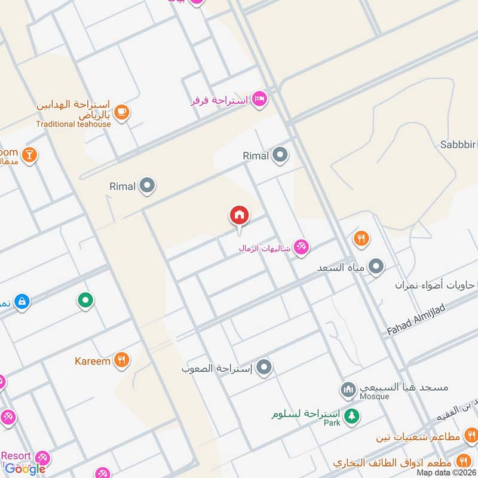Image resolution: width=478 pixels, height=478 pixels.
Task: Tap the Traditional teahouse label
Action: click(73, 124)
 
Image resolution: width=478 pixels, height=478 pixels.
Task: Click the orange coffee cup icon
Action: click(121, 112)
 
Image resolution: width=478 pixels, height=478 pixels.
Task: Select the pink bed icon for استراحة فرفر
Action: click(259, 99)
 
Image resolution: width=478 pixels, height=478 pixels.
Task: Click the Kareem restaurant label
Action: click(93, 361)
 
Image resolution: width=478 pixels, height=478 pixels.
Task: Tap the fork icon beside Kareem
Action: click(121, 360)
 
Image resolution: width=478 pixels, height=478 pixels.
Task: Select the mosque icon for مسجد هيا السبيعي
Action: click(348, 390)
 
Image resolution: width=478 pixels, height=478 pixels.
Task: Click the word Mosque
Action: click(374, 396)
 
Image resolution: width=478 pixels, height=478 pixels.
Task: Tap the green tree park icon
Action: click(352, 415)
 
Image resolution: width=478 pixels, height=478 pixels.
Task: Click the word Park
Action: click(332, 422)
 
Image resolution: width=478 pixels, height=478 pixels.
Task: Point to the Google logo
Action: click(25, 469)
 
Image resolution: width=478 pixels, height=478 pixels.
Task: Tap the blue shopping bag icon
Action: click(22, 302)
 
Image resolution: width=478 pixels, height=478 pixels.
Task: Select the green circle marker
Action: click(85, 300)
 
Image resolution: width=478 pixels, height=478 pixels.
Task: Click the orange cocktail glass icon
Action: click(29, 156)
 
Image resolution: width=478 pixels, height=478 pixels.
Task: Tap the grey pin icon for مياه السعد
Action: click(376, 266)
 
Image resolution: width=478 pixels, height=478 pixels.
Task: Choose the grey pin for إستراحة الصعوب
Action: click(264, 367)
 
